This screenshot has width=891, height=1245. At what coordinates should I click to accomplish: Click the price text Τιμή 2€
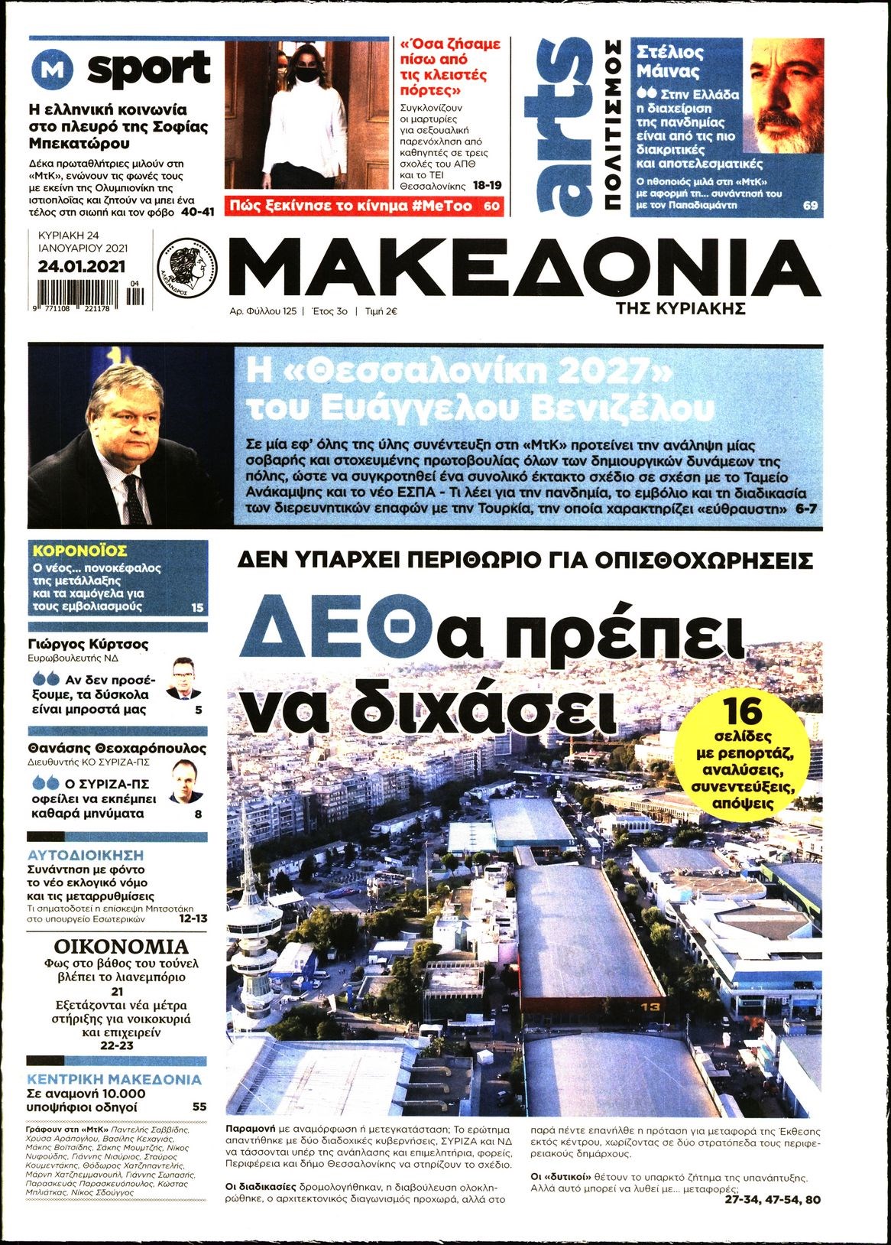381,312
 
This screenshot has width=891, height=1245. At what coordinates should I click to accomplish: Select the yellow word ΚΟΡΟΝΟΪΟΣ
79,551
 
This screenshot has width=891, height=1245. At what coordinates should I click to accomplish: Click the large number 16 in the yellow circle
743,710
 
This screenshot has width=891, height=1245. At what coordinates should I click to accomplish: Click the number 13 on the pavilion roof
650,1006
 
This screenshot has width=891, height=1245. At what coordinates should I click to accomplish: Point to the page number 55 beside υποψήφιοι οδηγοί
199,1107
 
